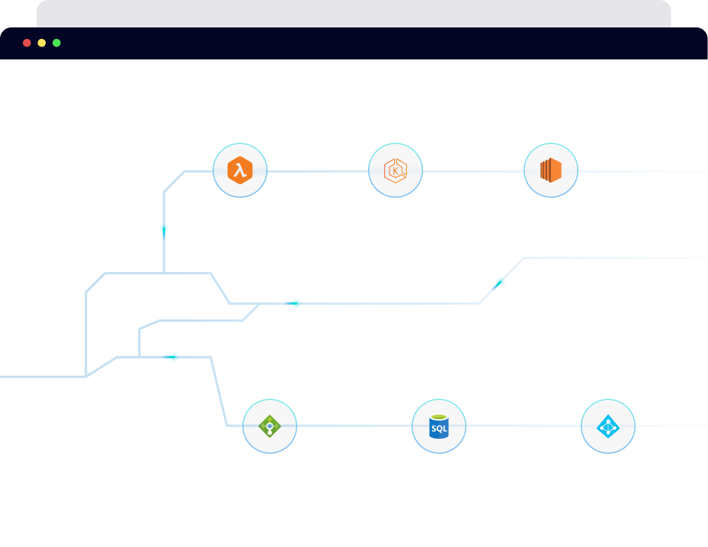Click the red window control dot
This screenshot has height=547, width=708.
(27, 43)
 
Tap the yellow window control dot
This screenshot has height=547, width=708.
(42, 43)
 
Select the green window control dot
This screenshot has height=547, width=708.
(56, 43)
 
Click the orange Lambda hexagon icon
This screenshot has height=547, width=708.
(239, 171)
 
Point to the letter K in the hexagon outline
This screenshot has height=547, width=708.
(395, 171)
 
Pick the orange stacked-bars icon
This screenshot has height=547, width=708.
(550, 171)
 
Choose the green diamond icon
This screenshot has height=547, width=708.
(270, 426)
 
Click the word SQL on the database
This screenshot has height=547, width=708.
(439, 429)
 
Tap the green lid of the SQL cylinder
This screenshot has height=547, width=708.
(438, 417)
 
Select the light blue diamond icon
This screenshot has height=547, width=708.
(607, 427)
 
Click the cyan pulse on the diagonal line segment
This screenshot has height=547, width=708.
(498, 284)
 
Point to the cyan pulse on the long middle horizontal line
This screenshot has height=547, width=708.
(292, 303)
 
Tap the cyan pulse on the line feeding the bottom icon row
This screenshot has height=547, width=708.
(170, 357)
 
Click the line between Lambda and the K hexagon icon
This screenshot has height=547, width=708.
(317, 171)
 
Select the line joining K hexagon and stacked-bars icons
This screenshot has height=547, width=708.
(473, 171)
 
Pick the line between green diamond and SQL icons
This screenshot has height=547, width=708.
(354, 426)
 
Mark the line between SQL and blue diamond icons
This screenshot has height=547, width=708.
(523, 426)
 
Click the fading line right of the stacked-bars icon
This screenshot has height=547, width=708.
(640, 171)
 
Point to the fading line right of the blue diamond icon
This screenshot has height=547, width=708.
(671, 426)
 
